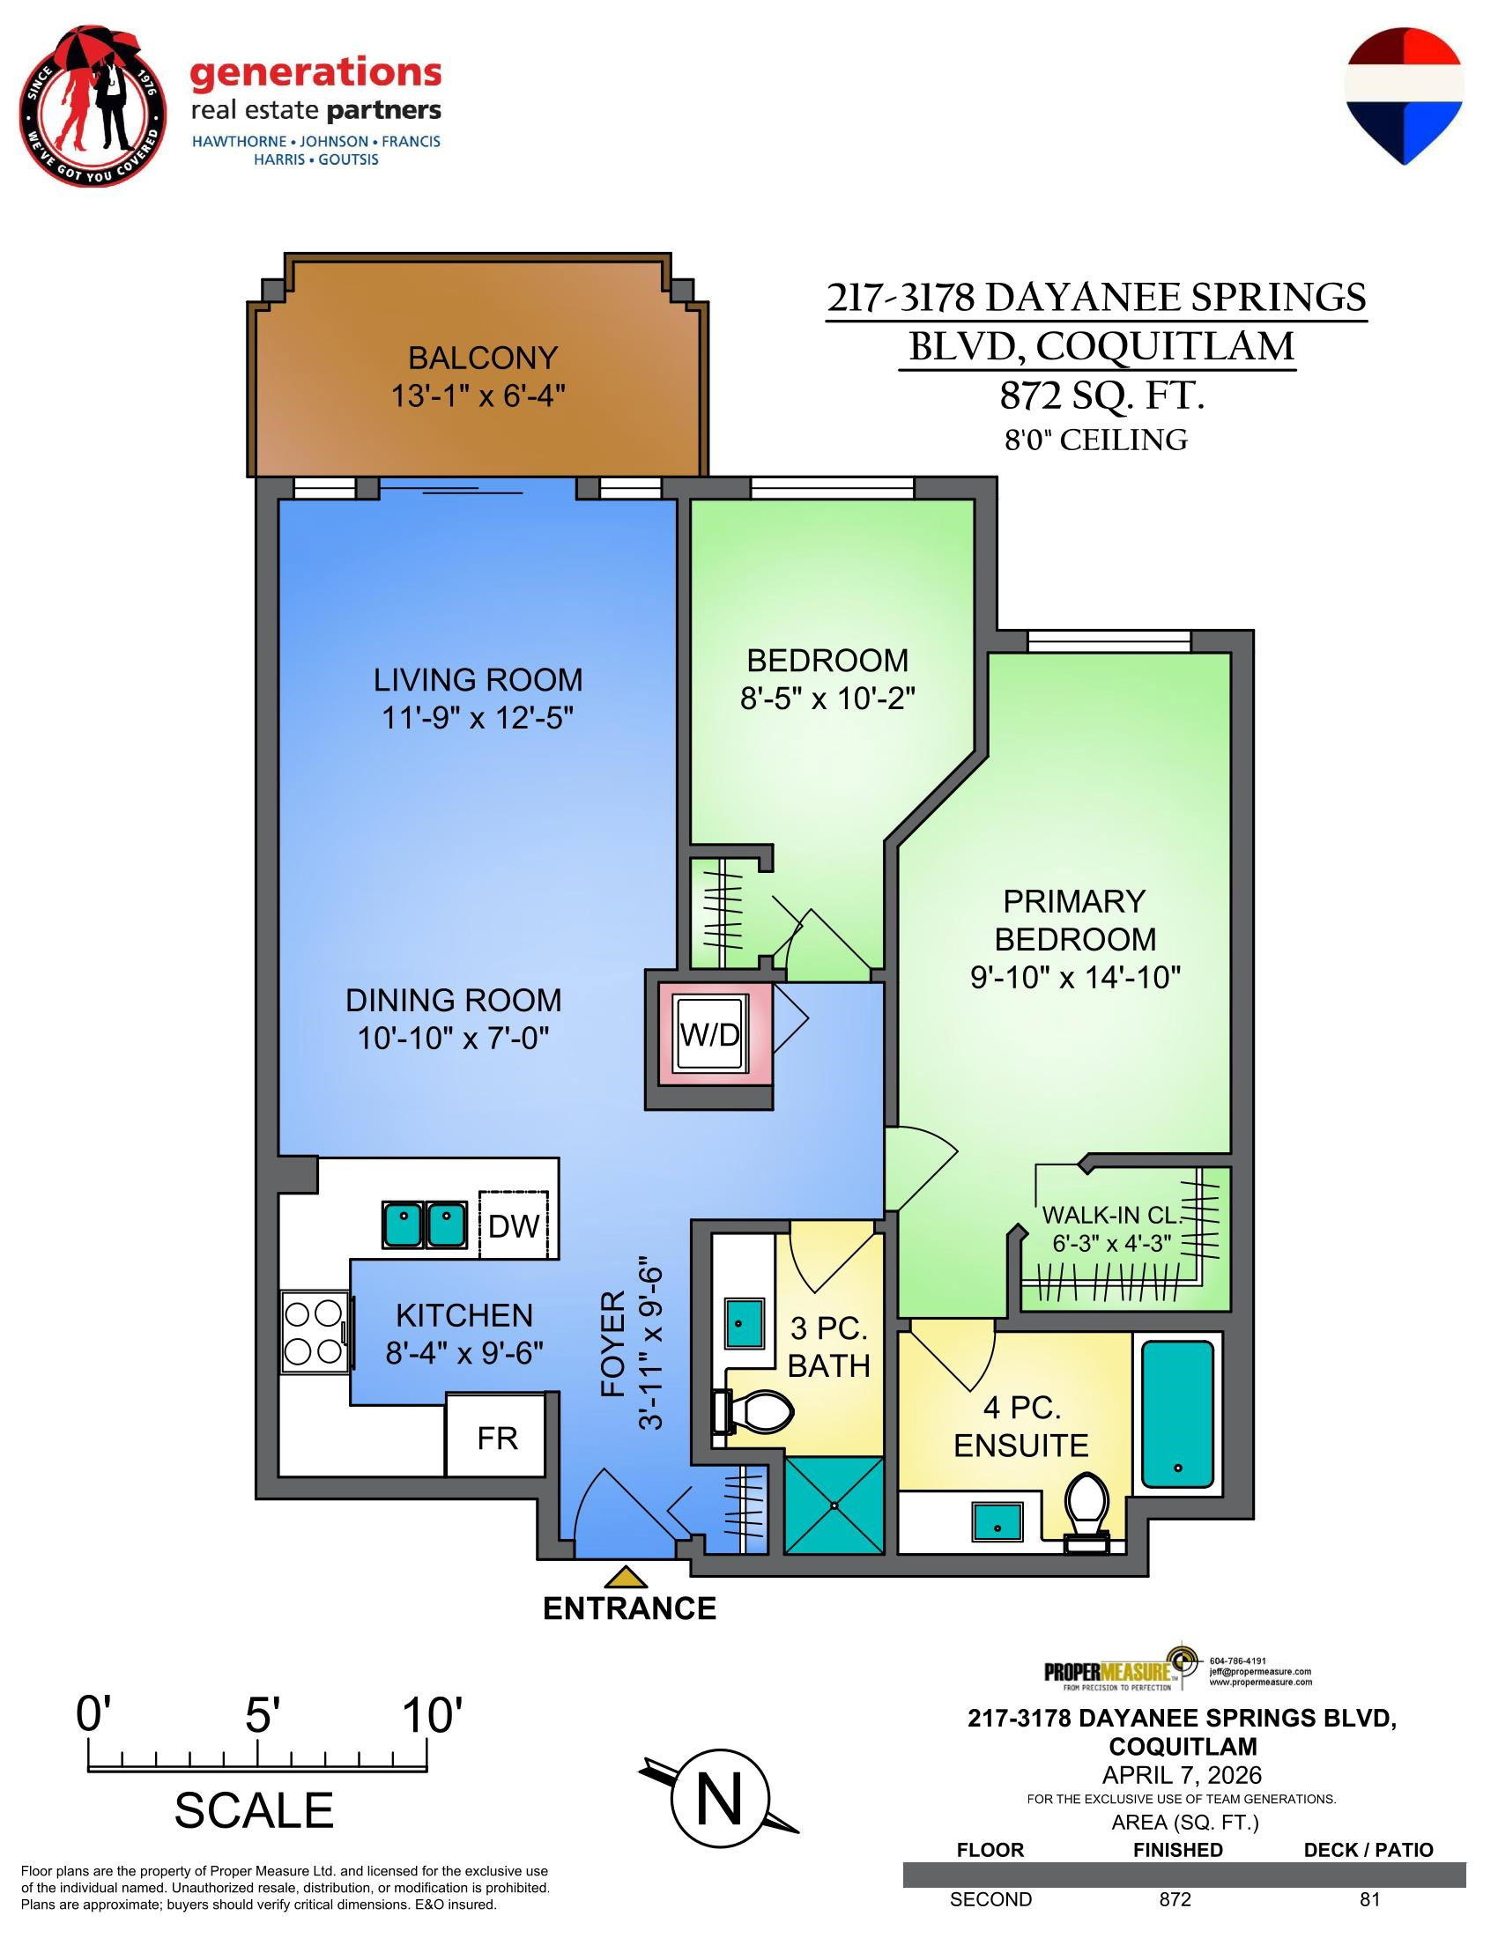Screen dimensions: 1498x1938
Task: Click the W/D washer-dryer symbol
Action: point(710,1034)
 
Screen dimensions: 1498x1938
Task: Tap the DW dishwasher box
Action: point(514,1224)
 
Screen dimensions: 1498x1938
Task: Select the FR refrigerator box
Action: point(495,1436)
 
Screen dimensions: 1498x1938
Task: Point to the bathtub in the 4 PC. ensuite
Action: point(1176,1415)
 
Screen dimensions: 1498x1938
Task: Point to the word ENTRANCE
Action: point(629,1609)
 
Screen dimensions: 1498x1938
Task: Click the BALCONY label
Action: point(483,358)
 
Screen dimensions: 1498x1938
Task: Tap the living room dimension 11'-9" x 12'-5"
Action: point(478,717)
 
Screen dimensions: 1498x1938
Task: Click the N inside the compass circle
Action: point(719,1801)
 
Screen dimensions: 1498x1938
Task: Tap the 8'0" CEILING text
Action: point(1096,440)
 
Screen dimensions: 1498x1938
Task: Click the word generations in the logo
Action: point(316,75)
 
